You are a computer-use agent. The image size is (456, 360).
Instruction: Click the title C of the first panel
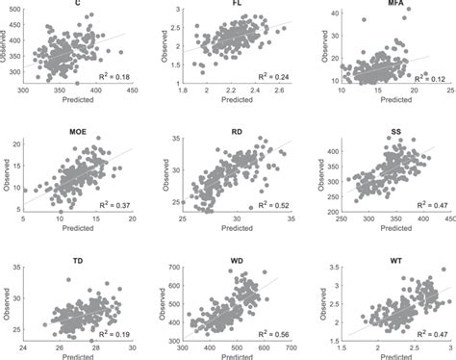pyautogui.click(x=77, y=3)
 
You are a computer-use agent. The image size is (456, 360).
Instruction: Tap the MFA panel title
pyautogui.click(x=395, y=4)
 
